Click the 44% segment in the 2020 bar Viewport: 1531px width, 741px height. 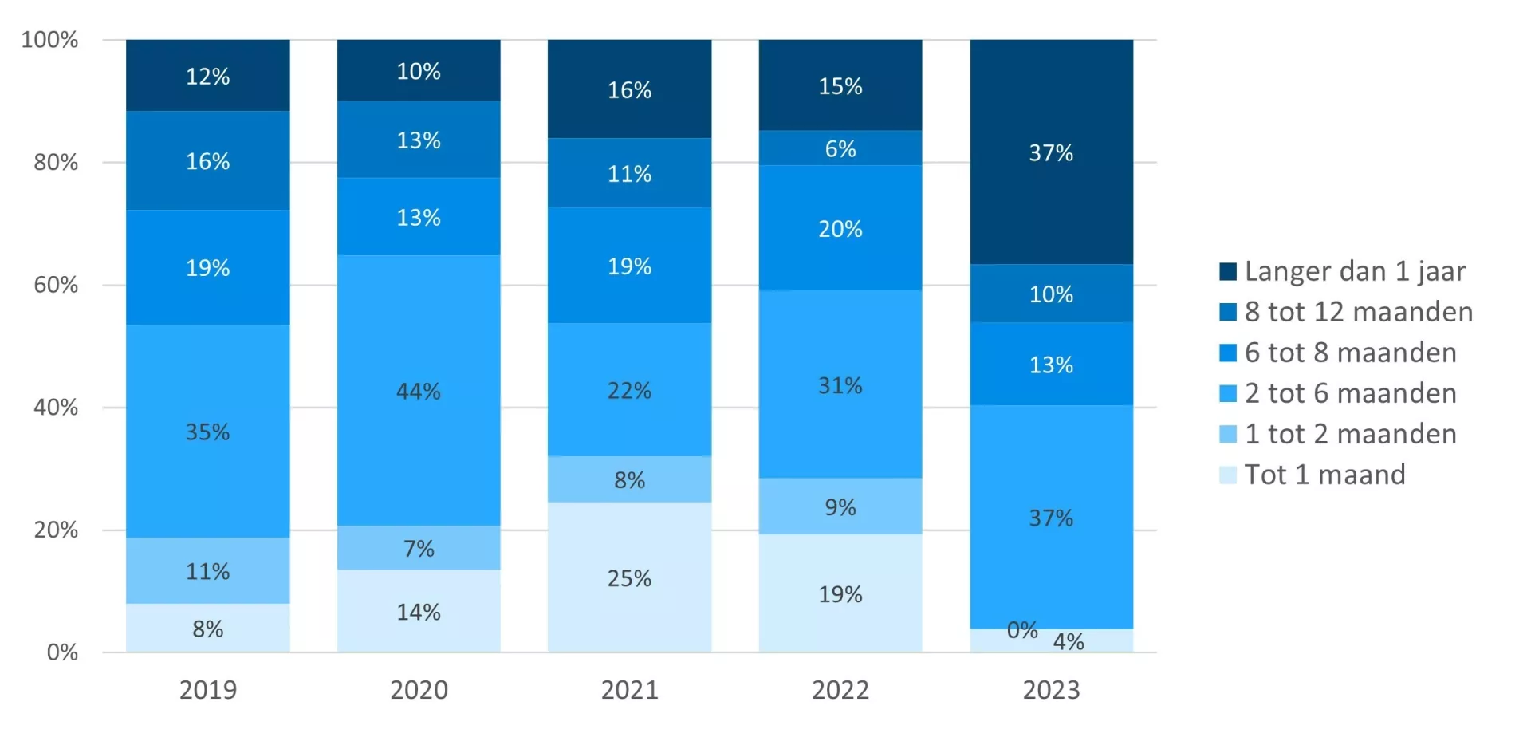pyautogui.click(x=419, y=391)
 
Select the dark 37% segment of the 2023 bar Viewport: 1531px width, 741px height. pyautogui.click(x=1051, y=152)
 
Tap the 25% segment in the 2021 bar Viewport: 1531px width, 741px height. pyautogui.click(x=629, y=577)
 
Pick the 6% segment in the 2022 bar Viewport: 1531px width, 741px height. pyautogui.click(x=840, y=148)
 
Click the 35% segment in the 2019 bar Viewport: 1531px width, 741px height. pyautogui.click(x=207, y=432)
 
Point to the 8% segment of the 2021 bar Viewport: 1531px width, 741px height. pyautogui.click(x=629, y=479)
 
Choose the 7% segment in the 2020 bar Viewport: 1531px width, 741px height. pyautogui.click(x=419, y=548)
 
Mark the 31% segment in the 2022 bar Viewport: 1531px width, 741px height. pyautogui.click(x=840, y=385)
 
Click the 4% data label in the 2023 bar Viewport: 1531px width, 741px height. pyautogui.click(x=1069, y=641)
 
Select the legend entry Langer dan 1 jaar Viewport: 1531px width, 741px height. pyautogui.click(x=1355, y=271)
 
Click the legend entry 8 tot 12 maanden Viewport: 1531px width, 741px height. pyautogui.click(x=1358, y=312)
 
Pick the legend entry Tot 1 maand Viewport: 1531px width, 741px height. pyautogui.click(x=1324, y=475)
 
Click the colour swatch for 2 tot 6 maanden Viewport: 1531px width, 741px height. pyautogui.click(x=1228, y=393)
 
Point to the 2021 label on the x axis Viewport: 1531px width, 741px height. pyautogui.click(x=629, y=690)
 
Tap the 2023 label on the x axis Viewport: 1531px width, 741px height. pyautogui.click(x=1051, y=690)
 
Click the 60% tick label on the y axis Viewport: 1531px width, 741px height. pyautogui.click(x=56, y=285)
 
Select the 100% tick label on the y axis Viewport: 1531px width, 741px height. pyautogui.click(x=49, y=40)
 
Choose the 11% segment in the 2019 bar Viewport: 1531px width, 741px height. pyautogui.click(x=207, y=571)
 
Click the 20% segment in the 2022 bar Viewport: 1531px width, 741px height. pyautogui.click(x=840, y=229)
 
